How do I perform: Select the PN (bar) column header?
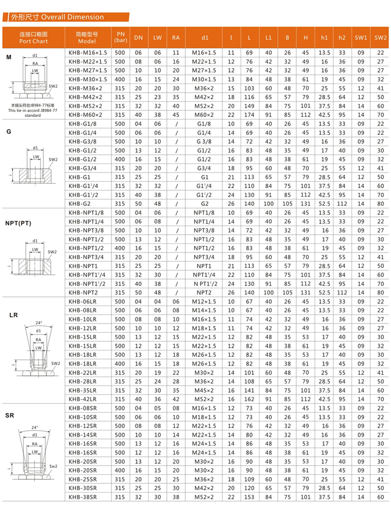click(x=120, y=37)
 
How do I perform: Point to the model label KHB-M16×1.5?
click(x=88, y=53)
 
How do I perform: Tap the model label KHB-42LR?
click(x=83, y=399)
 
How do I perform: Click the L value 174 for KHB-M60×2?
click(x=249, y=114)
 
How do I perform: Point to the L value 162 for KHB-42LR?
click(x=249, y=399)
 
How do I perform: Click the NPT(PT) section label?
click(x=19, y=223)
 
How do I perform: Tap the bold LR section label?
click(x=13, y=315)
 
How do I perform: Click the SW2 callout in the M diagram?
click(x=53, y=86)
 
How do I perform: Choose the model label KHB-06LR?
click(x=83, y=301)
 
